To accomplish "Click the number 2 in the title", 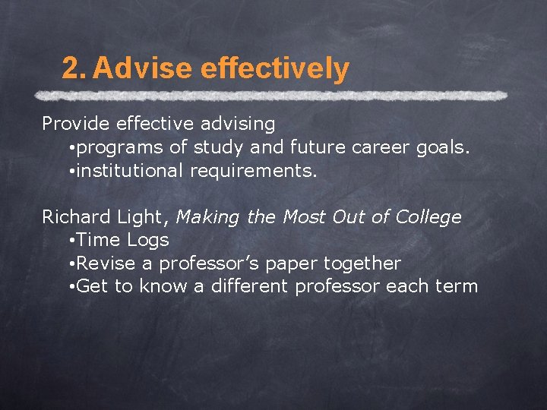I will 71,69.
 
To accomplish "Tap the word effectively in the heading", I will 276,69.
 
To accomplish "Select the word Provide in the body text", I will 70,123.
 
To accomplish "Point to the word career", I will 382,147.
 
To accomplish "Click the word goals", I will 444,147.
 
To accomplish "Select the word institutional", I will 131,171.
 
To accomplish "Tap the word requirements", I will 254,171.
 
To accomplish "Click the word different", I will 248,287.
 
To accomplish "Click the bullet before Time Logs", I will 70,241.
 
